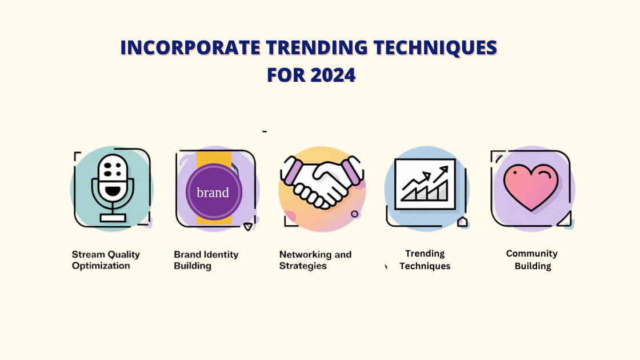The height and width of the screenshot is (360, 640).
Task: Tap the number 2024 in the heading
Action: [333, 75]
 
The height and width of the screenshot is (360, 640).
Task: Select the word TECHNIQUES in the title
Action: [435, 49]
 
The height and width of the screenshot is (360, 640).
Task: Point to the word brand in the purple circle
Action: [213, 193]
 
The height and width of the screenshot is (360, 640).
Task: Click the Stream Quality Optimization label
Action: [106, 260]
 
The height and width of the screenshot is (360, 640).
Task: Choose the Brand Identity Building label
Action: [206, 260]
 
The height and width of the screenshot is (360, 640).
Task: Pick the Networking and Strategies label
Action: [315, 260]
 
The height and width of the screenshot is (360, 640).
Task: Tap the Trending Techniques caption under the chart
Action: [425, 259]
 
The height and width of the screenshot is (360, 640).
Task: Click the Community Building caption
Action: [532, 259]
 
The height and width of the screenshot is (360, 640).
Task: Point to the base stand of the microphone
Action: [112, 217]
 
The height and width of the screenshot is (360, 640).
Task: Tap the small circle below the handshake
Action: [354, 214]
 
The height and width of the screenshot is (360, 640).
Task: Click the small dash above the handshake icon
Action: [265, 131]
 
